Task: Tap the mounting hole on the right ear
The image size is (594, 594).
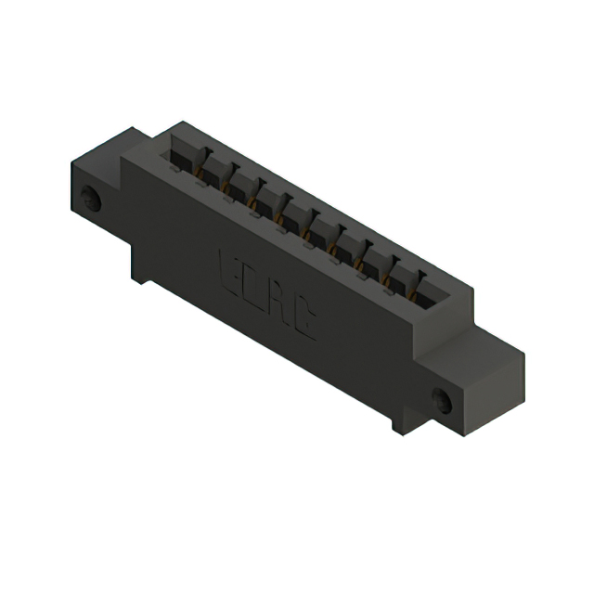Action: coord(442,401)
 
